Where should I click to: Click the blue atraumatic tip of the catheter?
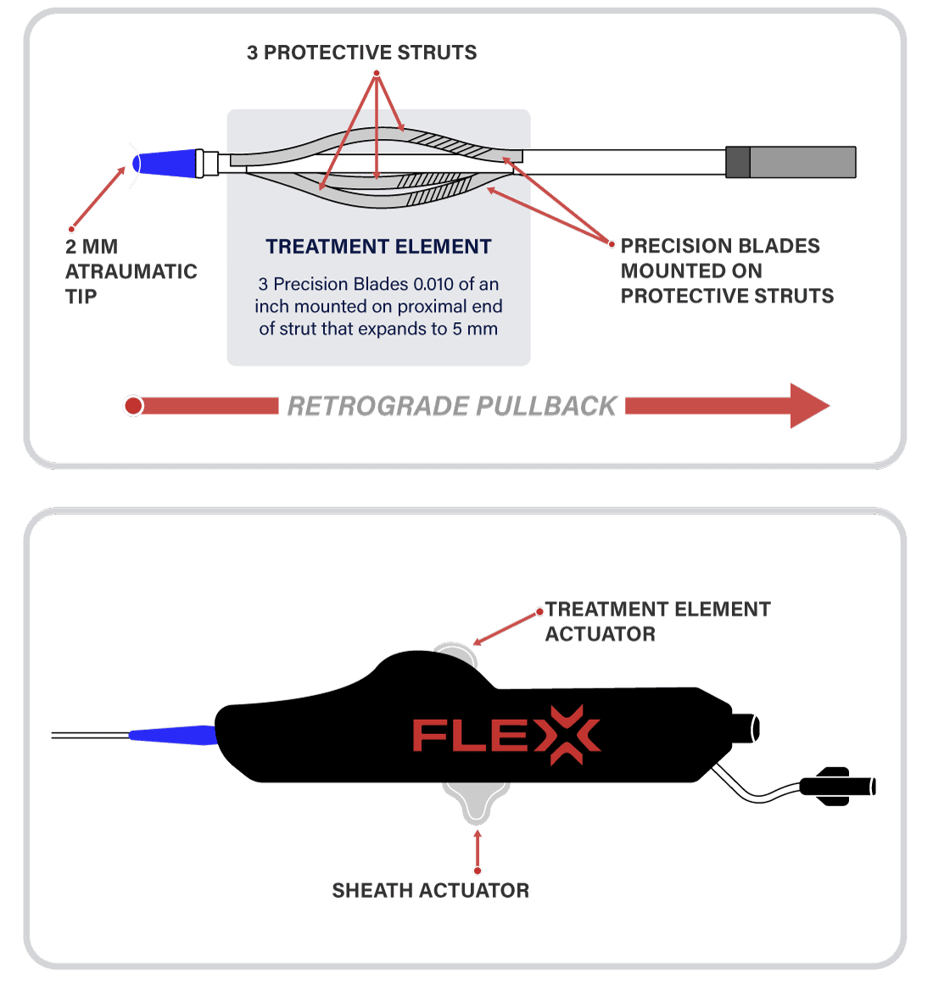point(165,164)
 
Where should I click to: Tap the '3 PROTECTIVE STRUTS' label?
point(362,53)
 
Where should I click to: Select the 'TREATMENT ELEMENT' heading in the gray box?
point(378,247)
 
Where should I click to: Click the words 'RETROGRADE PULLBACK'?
point(452,406)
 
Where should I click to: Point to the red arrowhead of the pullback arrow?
point(810,406)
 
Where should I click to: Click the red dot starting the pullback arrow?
point(133,406)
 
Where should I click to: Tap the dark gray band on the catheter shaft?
point(737,162)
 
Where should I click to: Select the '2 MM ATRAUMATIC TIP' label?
point(131,271)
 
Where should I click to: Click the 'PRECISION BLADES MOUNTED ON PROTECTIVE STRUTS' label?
point(727,270)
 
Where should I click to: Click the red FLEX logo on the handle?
point(506,735)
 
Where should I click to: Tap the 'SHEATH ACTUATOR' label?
point(431,891)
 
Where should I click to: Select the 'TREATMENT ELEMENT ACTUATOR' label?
point(657,622)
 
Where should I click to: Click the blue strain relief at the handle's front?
point(174,735)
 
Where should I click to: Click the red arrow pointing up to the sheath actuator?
point(478,850)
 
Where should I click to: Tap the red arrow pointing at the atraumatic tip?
point(98,198)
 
